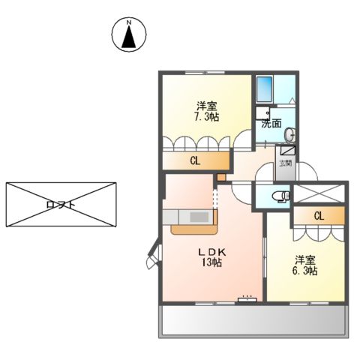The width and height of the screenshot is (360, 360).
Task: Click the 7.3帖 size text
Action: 208,118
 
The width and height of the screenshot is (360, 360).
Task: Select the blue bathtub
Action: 265,91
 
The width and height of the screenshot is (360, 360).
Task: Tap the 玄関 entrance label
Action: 286,163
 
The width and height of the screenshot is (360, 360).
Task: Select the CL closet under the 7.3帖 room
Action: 195,160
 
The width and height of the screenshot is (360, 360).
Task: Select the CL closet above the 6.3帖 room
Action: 319,216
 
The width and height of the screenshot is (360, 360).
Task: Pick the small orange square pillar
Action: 220,177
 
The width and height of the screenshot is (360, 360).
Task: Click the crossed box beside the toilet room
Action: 316,194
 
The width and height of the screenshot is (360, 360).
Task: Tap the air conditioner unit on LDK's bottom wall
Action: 247,298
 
